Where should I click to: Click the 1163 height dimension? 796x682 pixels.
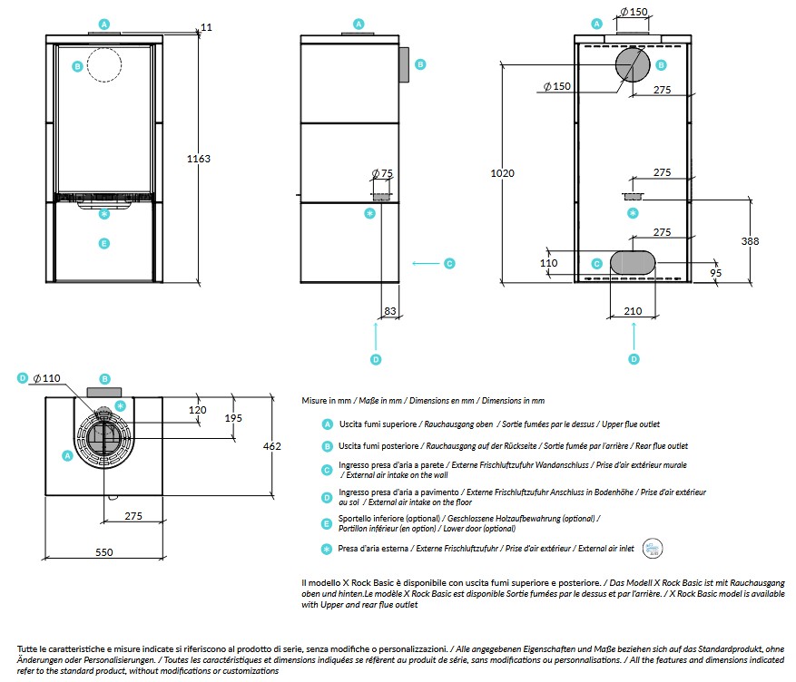[x=199, y=159]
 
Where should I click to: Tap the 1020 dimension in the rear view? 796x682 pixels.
[x=502, y=173]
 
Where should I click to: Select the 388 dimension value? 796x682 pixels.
[x=750, y=241]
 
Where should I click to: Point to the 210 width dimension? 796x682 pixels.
[x=633, y=311]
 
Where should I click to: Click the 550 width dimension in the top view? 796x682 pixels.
[x=104, y=552]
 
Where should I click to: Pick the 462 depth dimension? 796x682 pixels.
[x=271, y=446]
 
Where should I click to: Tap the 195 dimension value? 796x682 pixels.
[x=233, y=418]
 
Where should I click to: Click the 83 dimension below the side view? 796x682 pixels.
[x=390, y=311]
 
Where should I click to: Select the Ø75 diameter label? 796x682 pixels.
[x=382, y=173]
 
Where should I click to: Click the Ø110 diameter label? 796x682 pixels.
[x=46, y=378]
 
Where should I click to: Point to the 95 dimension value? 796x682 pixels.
[x=715, y=273]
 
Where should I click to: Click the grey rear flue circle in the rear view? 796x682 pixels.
[x=633, y=65]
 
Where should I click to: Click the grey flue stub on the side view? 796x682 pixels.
[x=404, y=65]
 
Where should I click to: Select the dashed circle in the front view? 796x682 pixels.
[x=104, y=65]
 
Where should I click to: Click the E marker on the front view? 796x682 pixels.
[x=104, y=243]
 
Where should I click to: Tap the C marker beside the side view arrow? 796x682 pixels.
[x=449, y=263]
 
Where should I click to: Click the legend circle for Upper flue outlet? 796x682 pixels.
[x=328, y=424]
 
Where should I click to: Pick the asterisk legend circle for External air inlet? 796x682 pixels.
[x=327, y=549]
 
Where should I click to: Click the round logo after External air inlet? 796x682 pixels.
[x=653, y=548]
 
